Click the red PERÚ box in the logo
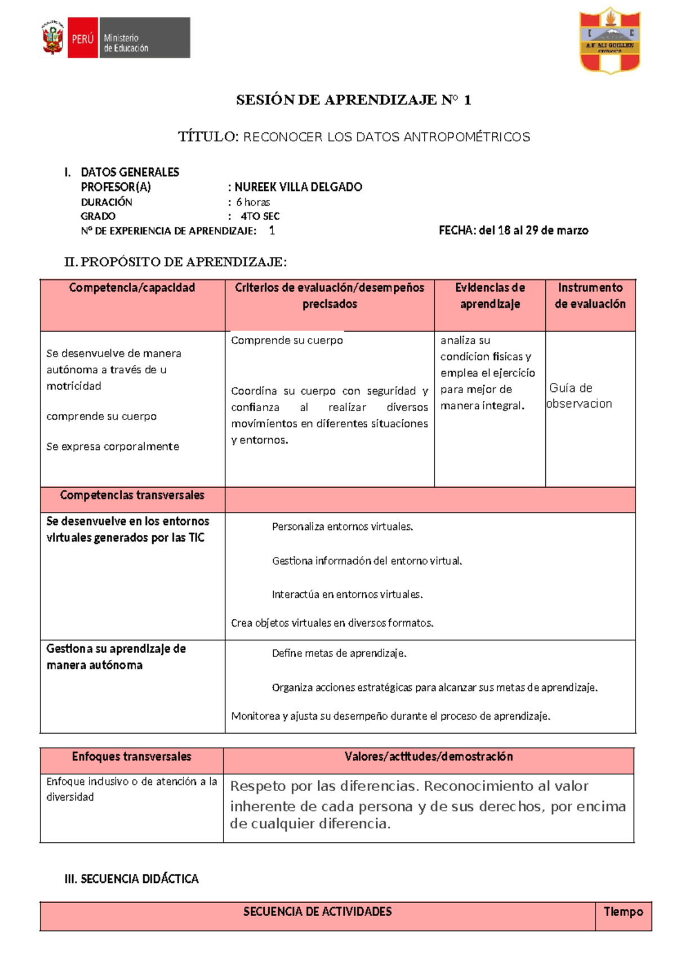pos(82,38)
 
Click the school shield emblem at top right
pos(610,41)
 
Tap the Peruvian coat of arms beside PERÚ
pos(53,38)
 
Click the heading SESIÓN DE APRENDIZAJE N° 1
pos(353,100)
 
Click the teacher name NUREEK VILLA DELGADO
pos(298,187)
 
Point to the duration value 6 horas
pos(253,202)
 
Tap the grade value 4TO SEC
pos(260,216)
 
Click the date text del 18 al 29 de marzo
pos(533,230)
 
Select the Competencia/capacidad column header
pos(132,288)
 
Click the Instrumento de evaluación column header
pos(590,296)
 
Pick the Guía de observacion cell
pos(580,396)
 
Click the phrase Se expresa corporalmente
pos(113,447)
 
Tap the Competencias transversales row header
pos(132,496)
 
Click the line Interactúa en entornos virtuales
pos(347,595)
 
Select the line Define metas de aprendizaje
pos(339,653)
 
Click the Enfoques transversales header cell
pos(131,757)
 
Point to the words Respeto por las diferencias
pos(324,786)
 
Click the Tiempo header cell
pos(623,912)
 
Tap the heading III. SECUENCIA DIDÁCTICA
pos(132,879)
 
